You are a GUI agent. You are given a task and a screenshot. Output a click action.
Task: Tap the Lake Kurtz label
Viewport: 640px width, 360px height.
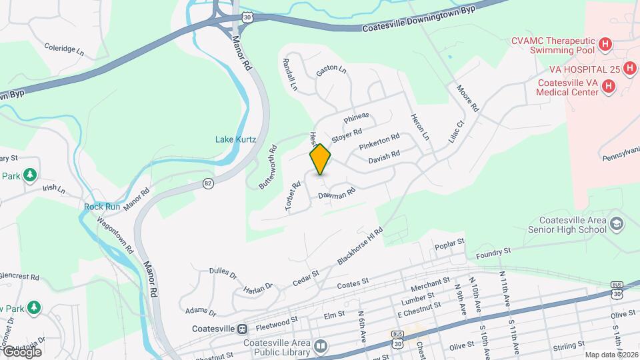[x=233, y=139]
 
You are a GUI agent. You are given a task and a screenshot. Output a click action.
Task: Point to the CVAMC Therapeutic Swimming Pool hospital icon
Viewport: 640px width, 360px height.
[x=605, y=45]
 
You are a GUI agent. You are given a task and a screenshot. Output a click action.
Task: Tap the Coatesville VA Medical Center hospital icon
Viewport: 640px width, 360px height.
[x=608, y=86]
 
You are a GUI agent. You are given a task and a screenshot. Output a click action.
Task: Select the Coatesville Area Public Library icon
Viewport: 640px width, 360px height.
[x=321, y=346]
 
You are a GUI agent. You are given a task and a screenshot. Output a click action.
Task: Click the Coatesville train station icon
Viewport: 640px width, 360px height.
[x=242, y=329]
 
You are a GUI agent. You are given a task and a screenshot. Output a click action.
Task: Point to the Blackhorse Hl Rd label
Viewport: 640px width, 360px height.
[x=360, y=246]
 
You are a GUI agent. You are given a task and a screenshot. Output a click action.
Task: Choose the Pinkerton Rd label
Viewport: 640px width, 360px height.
[x=379, y=141]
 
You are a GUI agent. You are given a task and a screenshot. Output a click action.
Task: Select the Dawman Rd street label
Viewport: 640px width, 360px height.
[x=337, y=194]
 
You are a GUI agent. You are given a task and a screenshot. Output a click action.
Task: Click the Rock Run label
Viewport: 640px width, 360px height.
[x=102, y=207]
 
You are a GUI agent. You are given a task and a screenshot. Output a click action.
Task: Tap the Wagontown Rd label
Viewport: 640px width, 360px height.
[x=113, y=237]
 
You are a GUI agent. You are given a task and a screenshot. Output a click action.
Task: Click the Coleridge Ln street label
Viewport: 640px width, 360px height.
[x=65, y=49]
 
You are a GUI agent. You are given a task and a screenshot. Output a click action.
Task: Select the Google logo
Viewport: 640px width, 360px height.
[x=21, y=351]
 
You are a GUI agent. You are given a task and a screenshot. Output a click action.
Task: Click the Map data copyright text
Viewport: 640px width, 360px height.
[x=611, y=355]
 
